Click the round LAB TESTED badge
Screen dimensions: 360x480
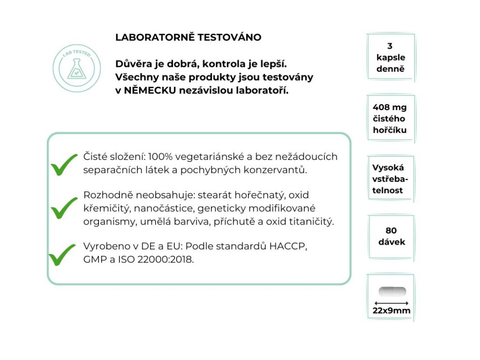tap(77, 69)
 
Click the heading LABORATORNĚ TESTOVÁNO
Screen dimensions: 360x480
tap(188, 37)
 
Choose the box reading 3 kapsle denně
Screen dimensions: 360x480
tap(390, 58)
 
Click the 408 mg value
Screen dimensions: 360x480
tap(389, 107)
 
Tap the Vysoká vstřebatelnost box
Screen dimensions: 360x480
tap(390, 179)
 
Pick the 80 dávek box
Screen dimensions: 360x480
tap(391, 236)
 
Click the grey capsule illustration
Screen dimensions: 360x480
tap(392, 291)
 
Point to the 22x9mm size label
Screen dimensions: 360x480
tap(391, 311)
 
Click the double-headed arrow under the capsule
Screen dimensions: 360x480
tap(391, 303)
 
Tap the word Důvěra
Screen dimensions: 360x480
tap(133, 63)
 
